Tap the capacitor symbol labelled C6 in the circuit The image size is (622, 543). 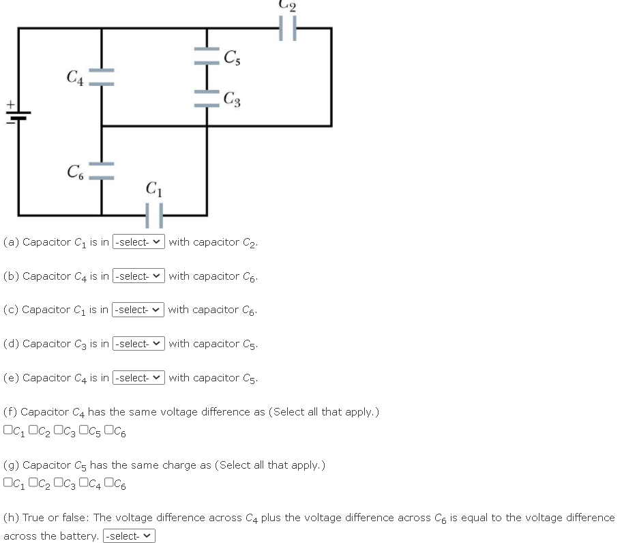(102, 171)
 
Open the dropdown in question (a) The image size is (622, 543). (138, 242)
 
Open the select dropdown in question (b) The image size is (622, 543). (138, 276)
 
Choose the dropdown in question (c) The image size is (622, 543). (138, 310)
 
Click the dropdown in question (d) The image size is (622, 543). (138, 344)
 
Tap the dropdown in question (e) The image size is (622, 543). (138, 378)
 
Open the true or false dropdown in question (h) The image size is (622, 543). (129, 536)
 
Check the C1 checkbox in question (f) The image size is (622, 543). (8, 430)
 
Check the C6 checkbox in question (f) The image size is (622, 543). (108, 430)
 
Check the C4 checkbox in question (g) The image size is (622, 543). (83, 484)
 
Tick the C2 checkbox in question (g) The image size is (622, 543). (33, 484)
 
